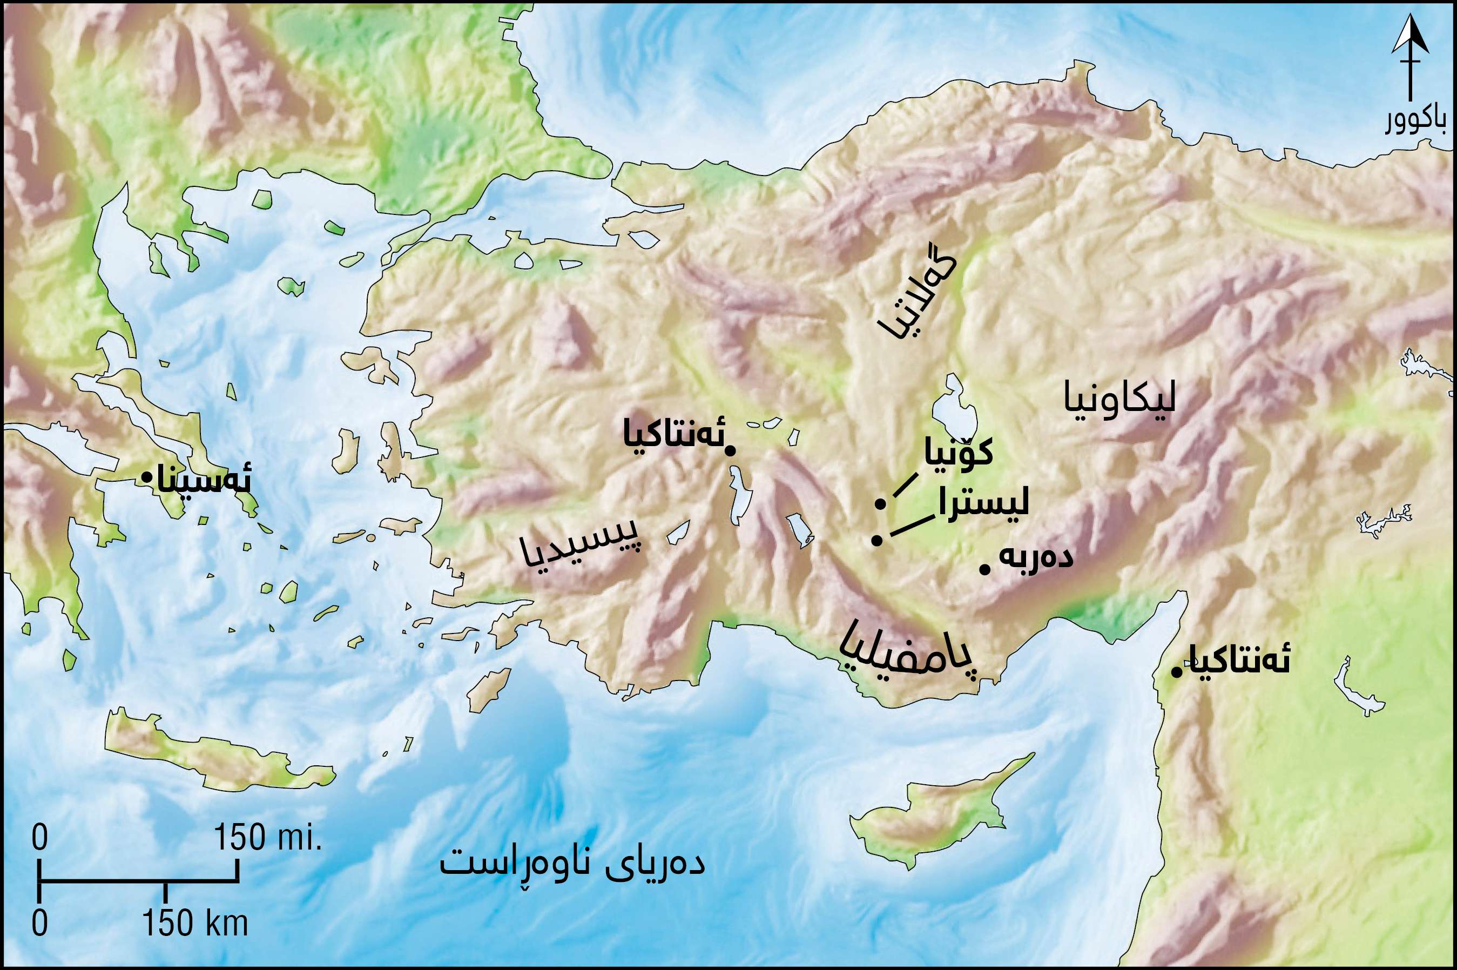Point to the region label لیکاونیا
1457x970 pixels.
[x=1119, y=400]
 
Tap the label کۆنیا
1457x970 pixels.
[x=958, y=452]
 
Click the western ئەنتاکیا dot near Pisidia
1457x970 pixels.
[x=730, y=451]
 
